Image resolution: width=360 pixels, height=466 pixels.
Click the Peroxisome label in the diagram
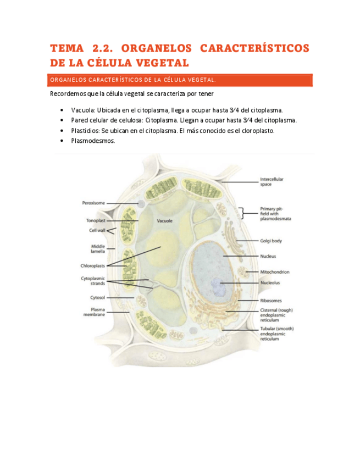click(93, 203)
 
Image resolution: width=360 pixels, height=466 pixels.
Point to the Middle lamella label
click(98, 248)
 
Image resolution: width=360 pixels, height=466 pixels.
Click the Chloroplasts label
click(93, 265)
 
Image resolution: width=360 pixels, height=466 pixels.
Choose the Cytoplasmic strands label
click(93, 281)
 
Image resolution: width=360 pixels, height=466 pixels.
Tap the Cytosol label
click(97, 297)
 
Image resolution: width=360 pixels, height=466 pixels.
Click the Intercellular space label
click(272, 181)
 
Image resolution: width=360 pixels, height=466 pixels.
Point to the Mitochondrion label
click(275, 271)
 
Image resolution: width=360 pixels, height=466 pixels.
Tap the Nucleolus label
click(270, 283)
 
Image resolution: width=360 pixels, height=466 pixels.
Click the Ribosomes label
click(271, 301)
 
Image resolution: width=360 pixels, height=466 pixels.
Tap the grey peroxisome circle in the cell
click(141, 204)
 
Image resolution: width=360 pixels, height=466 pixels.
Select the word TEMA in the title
click(67, 48)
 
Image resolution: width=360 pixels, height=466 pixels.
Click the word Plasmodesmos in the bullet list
click(93, 141)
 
